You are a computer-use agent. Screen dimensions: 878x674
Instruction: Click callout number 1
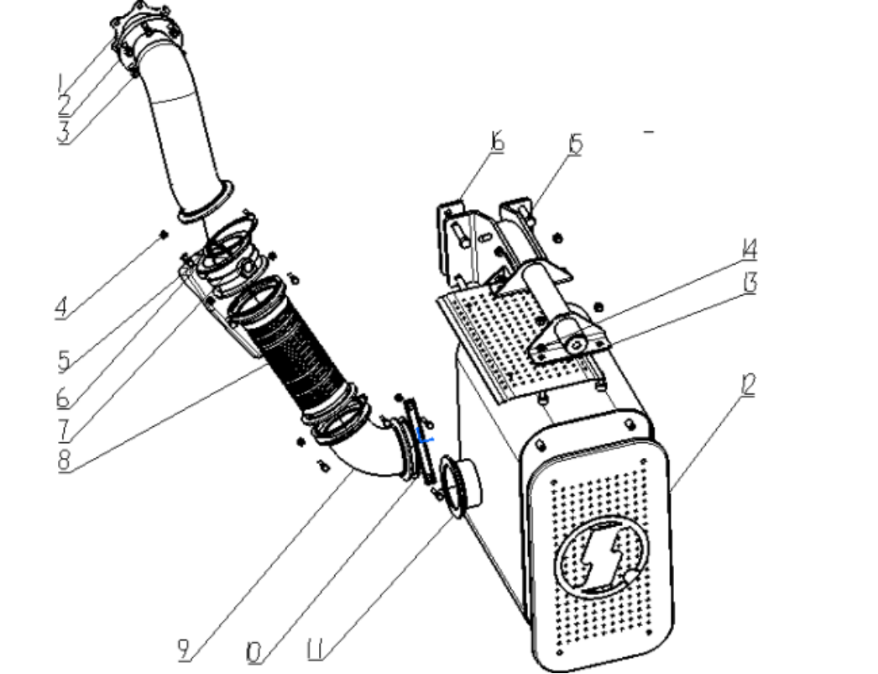[x=60, y=83]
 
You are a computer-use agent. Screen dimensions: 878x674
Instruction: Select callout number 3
[x=64, y=133]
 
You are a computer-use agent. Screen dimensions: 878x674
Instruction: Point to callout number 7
[x=65, y=430]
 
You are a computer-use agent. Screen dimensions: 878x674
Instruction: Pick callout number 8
[x=64, y=460]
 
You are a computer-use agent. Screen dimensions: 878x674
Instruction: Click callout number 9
[x=184, y=650]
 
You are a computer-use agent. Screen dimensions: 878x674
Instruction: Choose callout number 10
[x=253, y=652]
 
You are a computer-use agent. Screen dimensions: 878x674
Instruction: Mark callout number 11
[x=315, y=650]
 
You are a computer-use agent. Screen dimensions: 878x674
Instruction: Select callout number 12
[x=748, y=385]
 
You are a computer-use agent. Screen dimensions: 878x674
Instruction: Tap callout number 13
[x=750, y=283]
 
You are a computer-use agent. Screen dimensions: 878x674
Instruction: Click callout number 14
[x=750, y=250]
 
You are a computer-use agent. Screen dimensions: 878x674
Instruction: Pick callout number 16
[x=497, y=140]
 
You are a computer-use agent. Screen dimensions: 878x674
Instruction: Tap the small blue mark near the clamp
[x=426, y=435]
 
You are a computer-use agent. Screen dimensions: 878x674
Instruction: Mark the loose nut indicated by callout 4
[x=164, y=234]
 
